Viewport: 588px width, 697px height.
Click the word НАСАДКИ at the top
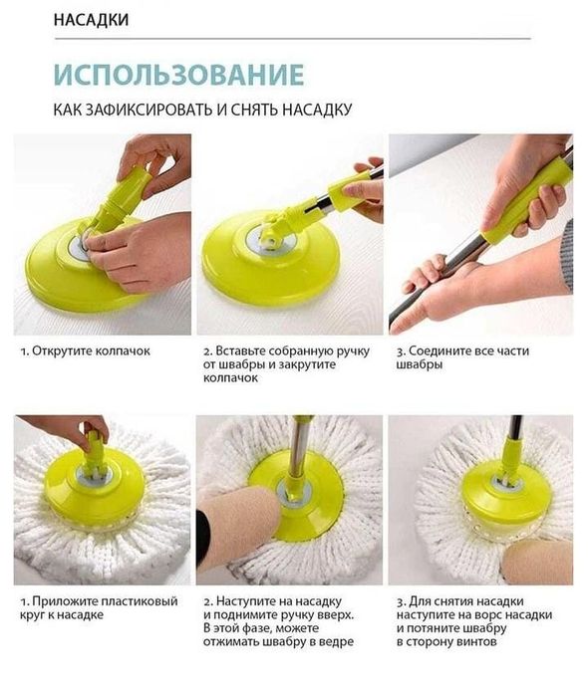pos(91,20)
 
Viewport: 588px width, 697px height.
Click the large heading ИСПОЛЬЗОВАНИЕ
pos(178,76)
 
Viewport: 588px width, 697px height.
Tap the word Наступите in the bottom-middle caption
pos(248,601)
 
